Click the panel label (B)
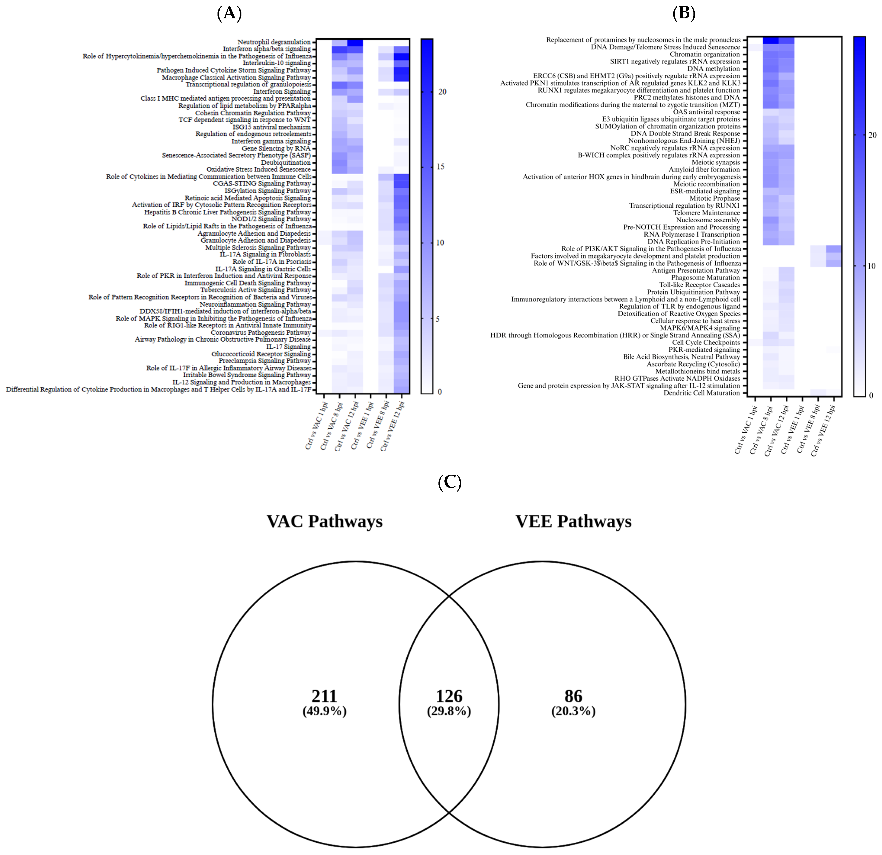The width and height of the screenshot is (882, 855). (x=684, y=14)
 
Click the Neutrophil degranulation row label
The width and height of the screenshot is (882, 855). (x=274, y=42)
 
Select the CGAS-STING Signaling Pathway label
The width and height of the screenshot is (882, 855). (x=262, y=184)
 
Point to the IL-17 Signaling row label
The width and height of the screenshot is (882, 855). (x=289, y=347)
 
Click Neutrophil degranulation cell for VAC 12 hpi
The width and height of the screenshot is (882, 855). (x=355, y=42)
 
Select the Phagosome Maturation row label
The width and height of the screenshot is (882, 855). (x=706, y=278)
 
